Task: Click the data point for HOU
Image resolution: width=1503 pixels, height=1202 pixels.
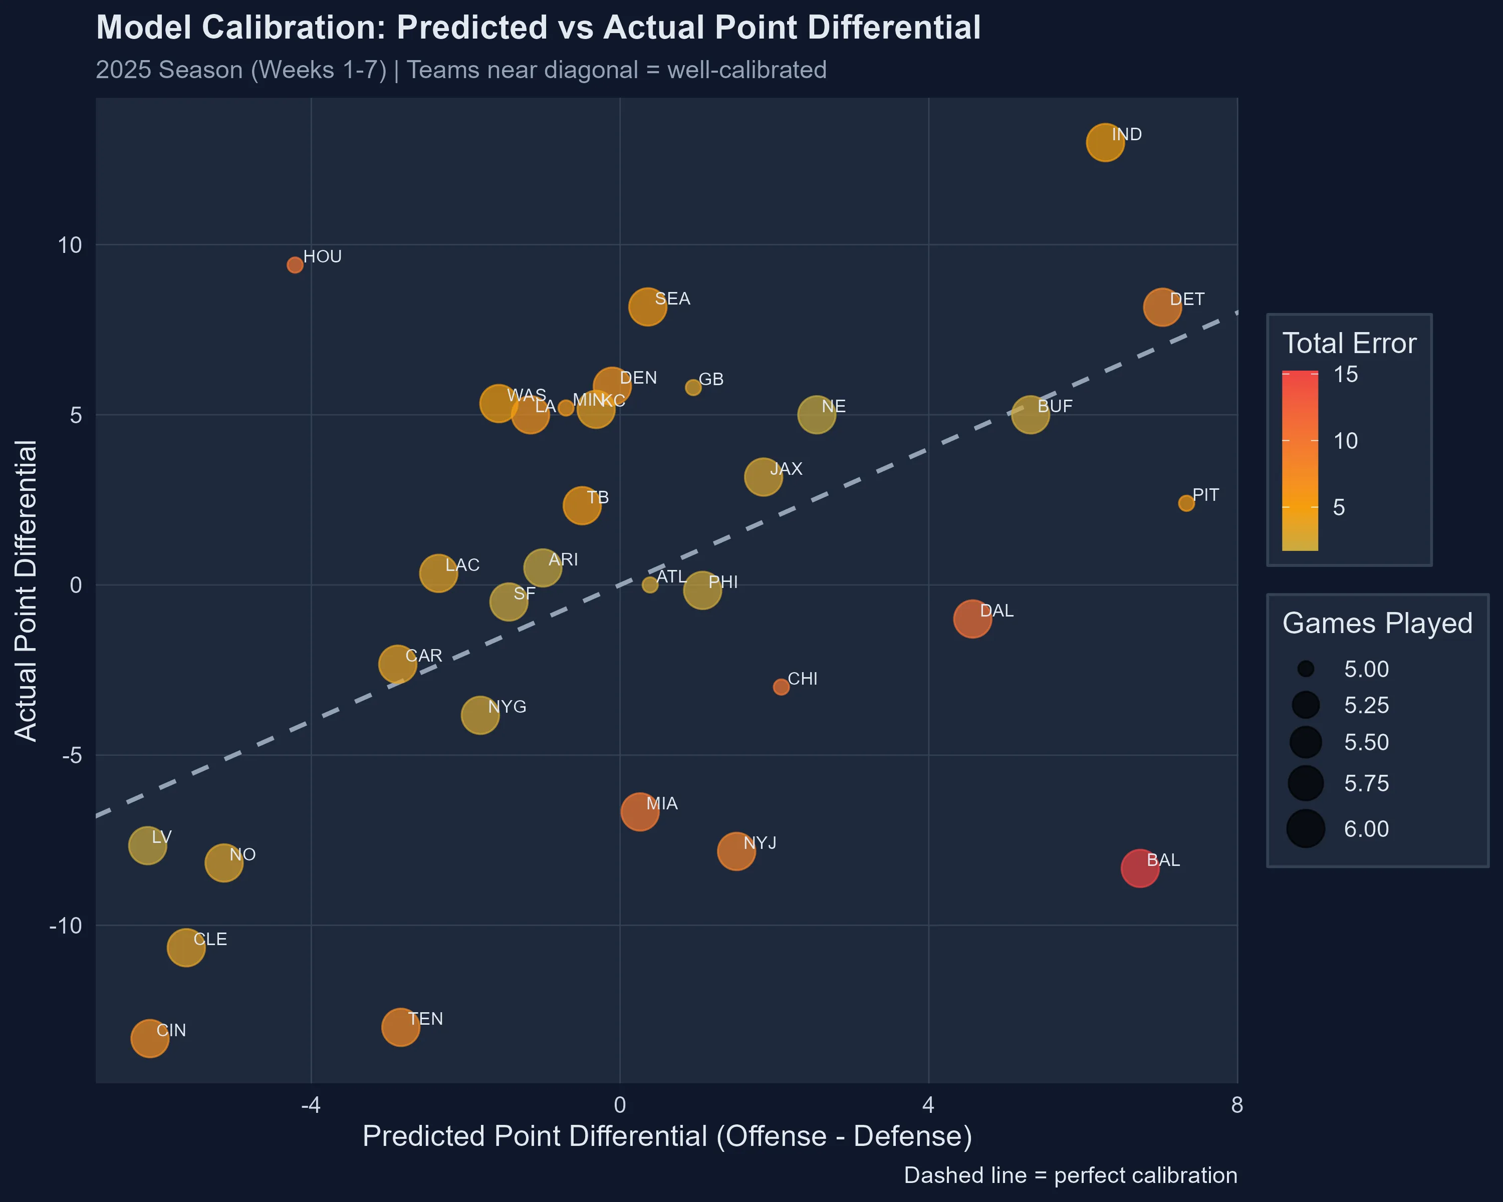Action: click(x=295, y=265)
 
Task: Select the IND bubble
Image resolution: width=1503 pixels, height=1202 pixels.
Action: click(x=1105, y=142)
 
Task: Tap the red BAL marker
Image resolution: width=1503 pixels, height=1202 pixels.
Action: click(x=1140, y=868)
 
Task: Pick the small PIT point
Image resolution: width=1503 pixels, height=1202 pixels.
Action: click(x=1186, y=503)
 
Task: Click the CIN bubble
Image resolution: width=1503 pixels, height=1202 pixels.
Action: click(x=149, y=1038)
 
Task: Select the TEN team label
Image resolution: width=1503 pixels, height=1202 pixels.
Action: click(x=425, y=1019)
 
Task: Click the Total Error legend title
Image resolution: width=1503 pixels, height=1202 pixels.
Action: click(x=1349, y=344)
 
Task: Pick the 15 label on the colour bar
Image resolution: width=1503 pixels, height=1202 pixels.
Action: click(x=1346, y=375)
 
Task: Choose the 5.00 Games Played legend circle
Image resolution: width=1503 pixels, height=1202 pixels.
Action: click(x=1306, y=670)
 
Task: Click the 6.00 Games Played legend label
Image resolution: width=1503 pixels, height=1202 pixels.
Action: click(x=1366, y=829)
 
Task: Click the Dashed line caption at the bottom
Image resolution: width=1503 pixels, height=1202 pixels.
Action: click(x=1070, y=1175)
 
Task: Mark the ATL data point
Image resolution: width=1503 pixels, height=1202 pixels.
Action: click(x=650, y=585)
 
